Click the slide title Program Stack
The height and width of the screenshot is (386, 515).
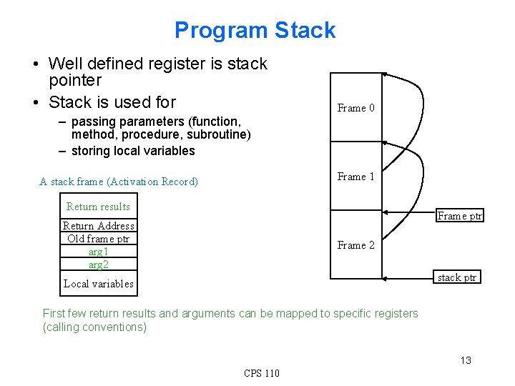pos(255,30)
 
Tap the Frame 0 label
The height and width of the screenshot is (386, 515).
pos(355,108)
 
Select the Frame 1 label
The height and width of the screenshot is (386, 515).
pos(355,177)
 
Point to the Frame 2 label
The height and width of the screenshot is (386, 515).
pos(355,245)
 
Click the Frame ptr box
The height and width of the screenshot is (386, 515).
pos(460,216)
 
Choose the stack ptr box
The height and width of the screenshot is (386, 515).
pos(457,277)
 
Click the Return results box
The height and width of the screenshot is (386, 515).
pos(98,207)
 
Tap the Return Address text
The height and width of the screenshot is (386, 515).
pos(98,226)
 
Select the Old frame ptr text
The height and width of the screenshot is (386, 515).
pos(98,239)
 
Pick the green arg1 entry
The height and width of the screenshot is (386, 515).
pos(98,252)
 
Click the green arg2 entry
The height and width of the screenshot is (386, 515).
pos(98,264)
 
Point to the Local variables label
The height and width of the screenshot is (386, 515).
pos(98,284)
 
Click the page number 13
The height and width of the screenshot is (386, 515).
pos(466,360)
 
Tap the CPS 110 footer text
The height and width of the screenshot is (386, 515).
pos(262,373)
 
